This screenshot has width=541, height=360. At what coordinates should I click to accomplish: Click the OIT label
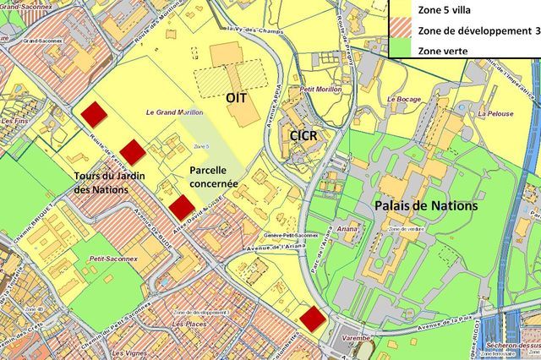[236, 98]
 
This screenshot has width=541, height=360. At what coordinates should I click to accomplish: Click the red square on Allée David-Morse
[182, 206]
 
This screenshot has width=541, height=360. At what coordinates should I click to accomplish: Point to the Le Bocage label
[403, 99]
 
